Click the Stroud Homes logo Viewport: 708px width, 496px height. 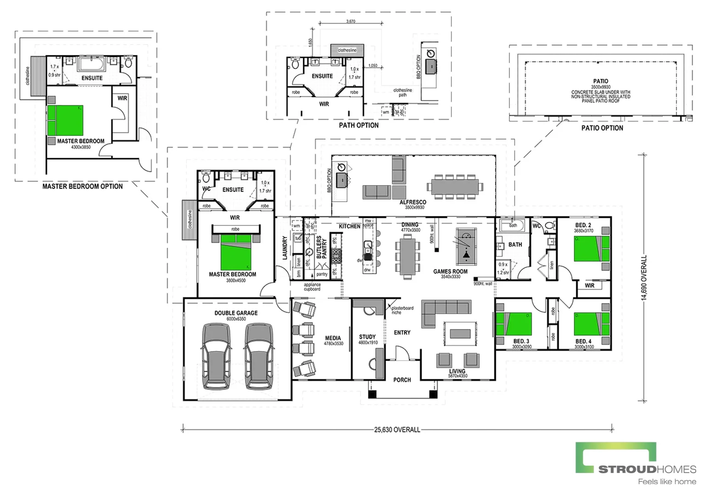(x=636, y=462)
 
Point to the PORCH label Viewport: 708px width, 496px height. (x=402, y=380)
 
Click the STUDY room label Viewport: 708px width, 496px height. (x=367, y=337)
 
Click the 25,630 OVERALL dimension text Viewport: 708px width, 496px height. (x=397, y=430)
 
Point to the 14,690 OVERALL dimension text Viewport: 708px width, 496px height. (x=644, y=278)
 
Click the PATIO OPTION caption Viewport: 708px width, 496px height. (x=602, y=128)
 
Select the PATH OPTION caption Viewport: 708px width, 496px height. (x=359, y=125)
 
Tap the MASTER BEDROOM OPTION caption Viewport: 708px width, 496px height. (x=83, y=186)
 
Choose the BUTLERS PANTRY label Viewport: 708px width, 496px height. (x=322, y=248)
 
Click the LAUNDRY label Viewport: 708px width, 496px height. (x=284, y=248)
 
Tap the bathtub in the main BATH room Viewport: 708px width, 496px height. (x=513, y=225)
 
